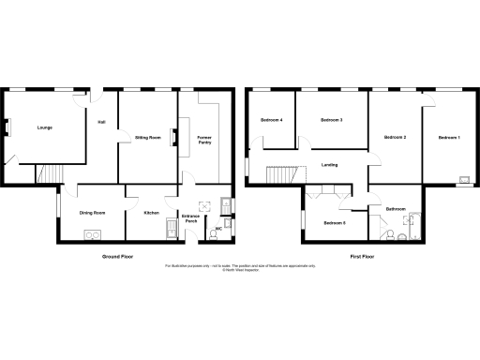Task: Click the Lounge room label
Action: pos(43,127)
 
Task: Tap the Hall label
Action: pos(100,119)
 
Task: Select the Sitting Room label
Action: pos(148,137)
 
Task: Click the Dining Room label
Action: pos(92,213)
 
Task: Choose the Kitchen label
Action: pos(150,213)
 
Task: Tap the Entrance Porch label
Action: pos(190,220)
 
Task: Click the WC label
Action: pos(217,229)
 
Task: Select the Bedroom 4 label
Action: pos(272,120)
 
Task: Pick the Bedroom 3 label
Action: pos(330,120)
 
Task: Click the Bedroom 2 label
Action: pos(395,138)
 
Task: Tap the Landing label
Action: pos(329,165)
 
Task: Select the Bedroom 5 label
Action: pos(335,222)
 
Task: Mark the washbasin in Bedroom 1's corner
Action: pos(462,178)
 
